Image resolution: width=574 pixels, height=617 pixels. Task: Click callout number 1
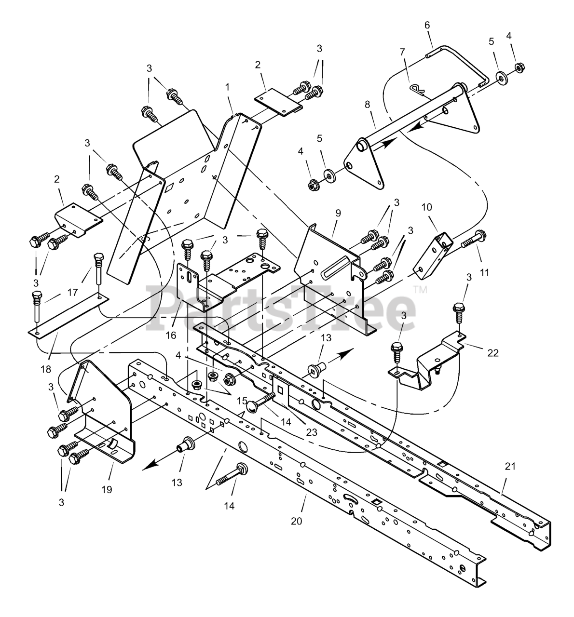pos(227,88)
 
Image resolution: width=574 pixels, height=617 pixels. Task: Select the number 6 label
pos(426,26)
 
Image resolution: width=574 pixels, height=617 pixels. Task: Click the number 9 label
pos(337,212)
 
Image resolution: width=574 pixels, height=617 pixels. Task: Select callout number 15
pos(242,401)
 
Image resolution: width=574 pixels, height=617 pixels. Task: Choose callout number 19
pos(107,489)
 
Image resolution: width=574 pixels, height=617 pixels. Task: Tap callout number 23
pos(312,432)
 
